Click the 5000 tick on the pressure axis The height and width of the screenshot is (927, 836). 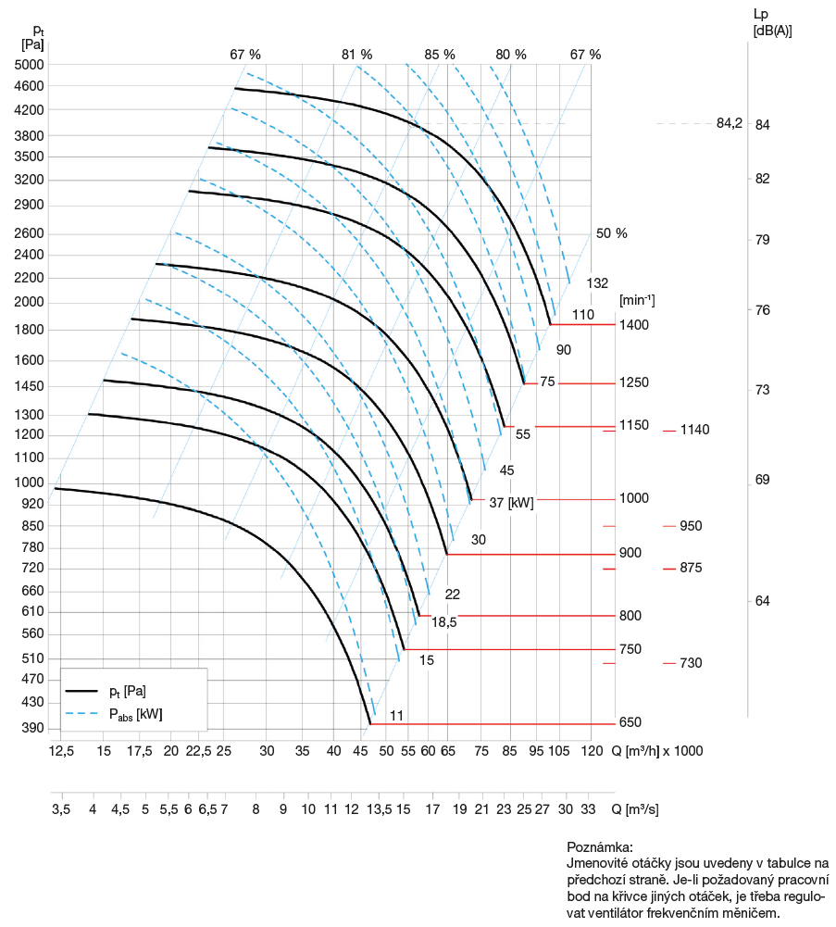pyautogui.click(x=31, y=65)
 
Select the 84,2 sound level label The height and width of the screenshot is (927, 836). pyautogui.click(x=729, y=124)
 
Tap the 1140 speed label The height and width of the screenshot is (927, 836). pyautogui.click(x=694, y=430)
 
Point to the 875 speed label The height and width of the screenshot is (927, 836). pyautogui.click(x=691, y=568)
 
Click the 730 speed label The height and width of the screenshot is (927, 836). pyautogui.click(x=691, y=663)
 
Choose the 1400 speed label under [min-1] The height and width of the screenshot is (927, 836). pyautogui.click(x=634, y=325)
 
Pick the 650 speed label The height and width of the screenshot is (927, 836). pyautogui.click(x=630, y=722)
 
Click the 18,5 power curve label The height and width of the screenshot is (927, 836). pyautogui.click(x=444, y=623)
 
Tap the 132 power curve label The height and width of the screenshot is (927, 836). pyautogui.click(x=597, y=282)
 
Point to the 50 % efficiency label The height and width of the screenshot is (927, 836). pyautogui.click(x=611, y=233)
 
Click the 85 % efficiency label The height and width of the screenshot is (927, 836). pyautogui.click(x=440, y=55)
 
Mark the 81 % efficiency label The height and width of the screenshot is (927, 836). pyautogui.click(x=356, y=55)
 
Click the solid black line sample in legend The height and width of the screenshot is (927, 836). pyautogui.click(x=82, y=691)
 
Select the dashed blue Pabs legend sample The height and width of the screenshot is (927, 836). pyautogui.click(x=82, y=714)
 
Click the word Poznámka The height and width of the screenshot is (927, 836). pyautogui.click(x=599, y=847)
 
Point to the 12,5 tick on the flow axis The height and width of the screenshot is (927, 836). pyautogui.click(x=61, y=750)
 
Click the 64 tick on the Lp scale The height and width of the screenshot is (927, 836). pyautogui.click(x=762, y=601)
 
